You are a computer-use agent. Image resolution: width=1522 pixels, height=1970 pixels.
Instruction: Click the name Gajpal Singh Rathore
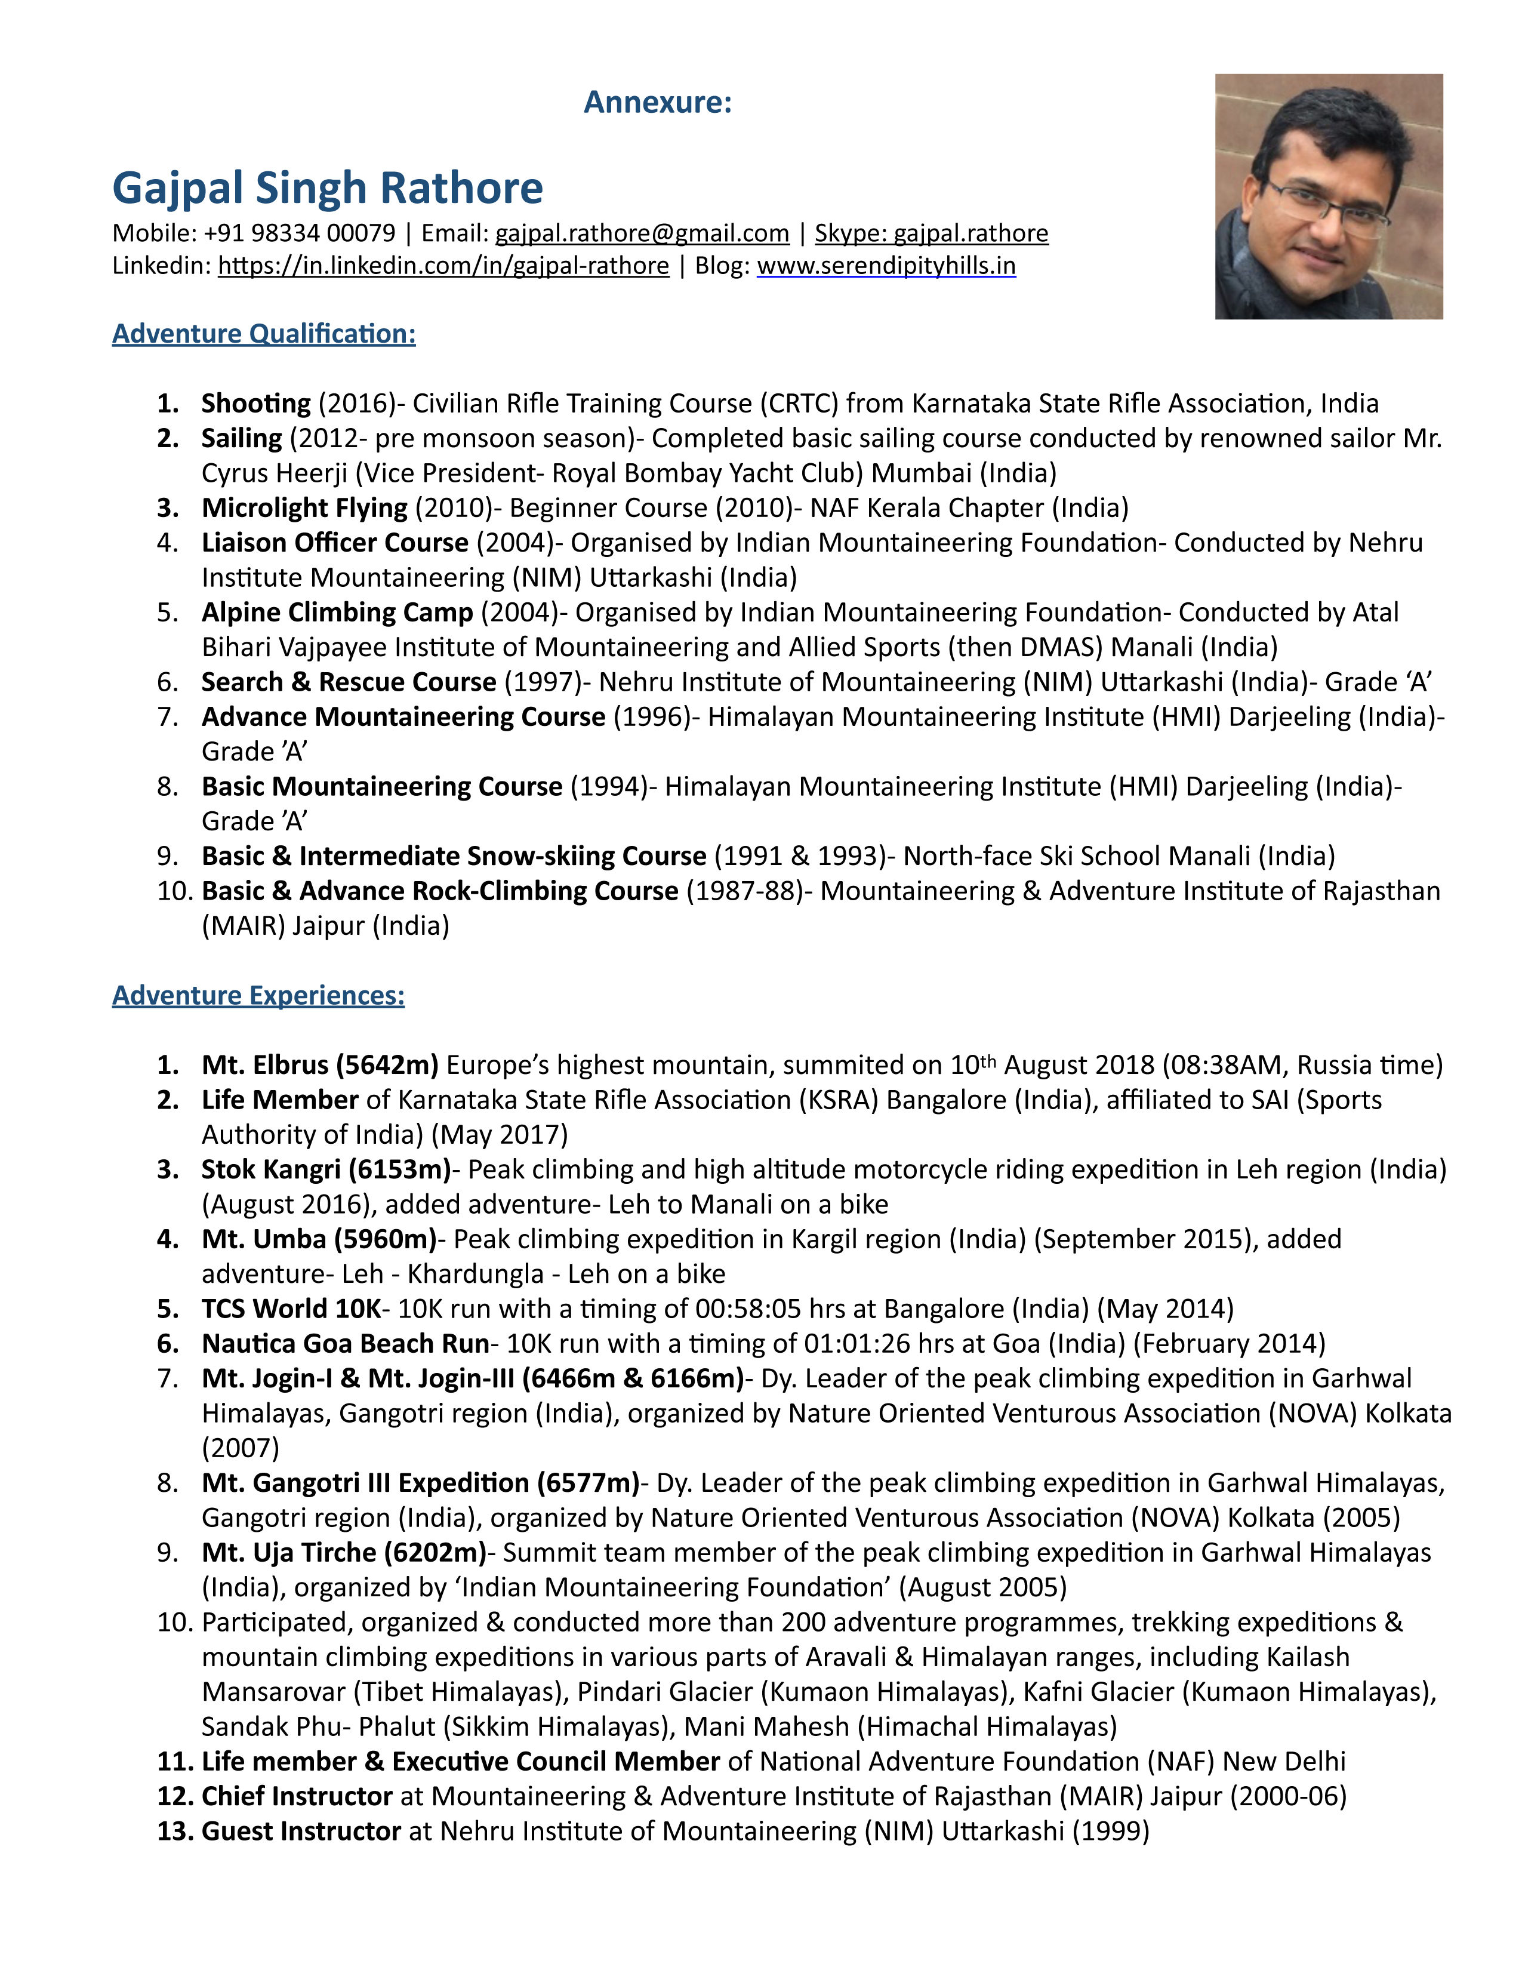coord(327,187)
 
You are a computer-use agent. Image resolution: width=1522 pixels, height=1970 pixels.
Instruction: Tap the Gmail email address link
coord(642,233)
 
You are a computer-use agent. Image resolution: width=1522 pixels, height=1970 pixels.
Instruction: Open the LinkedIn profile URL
coord(443,266)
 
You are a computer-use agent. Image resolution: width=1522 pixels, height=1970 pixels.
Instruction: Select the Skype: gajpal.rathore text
coord(932,233)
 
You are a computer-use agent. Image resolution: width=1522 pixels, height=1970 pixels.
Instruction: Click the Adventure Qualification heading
coord(263,334)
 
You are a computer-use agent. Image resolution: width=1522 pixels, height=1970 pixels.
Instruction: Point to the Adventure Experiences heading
coord(258,995)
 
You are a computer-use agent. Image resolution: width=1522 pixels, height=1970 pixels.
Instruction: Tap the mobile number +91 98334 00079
coord(300,233)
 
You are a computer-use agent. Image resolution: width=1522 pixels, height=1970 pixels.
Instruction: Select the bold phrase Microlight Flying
coord(305,508)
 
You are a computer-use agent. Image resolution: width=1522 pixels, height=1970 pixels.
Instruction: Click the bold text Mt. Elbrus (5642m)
coord(320,1065)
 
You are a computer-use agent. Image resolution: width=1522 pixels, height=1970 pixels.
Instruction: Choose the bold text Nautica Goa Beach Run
coord(346,1344)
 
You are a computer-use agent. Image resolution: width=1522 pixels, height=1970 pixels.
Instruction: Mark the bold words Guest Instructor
coord(301,1831)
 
